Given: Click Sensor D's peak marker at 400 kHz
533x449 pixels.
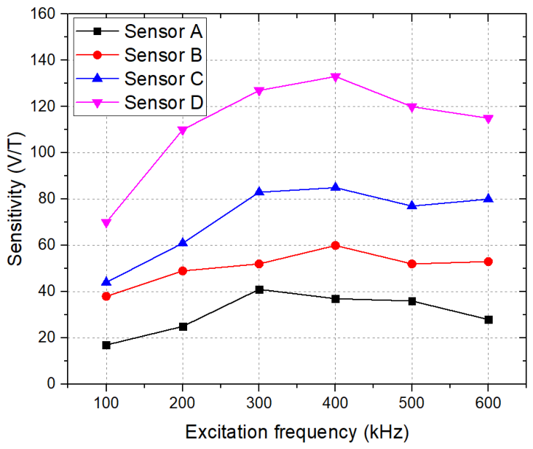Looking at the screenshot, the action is [x=336, y=77].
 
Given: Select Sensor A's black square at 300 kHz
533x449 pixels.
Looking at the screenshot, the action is [x=259, y=289].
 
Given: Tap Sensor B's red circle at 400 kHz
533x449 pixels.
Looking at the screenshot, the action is [x=336, y=246].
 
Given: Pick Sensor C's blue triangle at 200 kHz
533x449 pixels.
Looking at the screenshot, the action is [x=183, y=242].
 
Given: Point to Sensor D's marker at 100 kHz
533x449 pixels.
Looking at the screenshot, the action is [x=106, y=223].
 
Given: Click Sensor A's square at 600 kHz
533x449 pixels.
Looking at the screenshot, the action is [x=489, y=319].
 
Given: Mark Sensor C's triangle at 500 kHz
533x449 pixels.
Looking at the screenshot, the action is [x=412, y=205].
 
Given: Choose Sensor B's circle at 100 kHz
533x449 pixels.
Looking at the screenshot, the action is [x=106, y=296].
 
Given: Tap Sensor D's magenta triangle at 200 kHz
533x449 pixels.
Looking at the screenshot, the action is [x=183, y=130].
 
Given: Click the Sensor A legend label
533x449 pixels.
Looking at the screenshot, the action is [x=163, y=31].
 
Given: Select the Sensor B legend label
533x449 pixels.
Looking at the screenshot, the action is [x=163, y=55].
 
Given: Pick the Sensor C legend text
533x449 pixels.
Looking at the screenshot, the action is [x=164, y=79].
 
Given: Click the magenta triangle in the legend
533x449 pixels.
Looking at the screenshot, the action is [x=98, y=103].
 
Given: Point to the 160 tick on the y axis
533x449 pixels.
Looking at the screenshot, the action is [x=43, y=14].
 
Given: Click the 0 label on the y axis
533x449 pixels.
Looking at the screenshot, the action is [x=51, y=383].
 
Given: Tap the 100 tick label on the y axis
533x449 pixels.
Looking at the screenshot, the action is [x=43, y=152].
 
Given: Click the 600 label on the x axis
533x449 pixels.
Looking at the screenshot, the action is [x=489, y=403].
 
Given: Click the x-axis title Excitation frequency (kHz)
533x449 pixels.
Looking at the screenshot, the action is [x=297, y=433].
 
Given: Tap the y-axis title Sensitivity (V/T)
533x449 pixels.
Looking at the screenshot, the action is [x=15, y=199].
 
